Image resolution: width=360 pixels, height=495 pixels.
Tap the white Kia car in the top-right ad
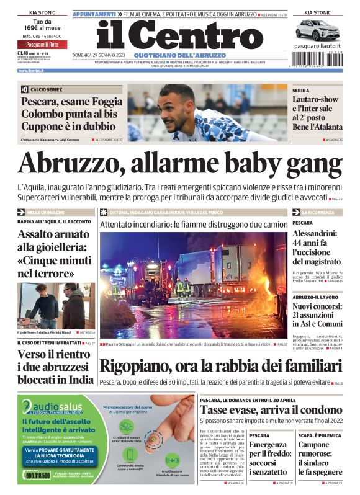(318, 29)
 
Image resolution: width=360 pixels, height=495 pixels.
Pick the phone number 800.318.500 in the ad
(38, 475)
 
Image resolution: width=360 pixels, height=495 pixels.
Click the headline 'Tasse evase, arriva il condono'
(271, 410)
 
